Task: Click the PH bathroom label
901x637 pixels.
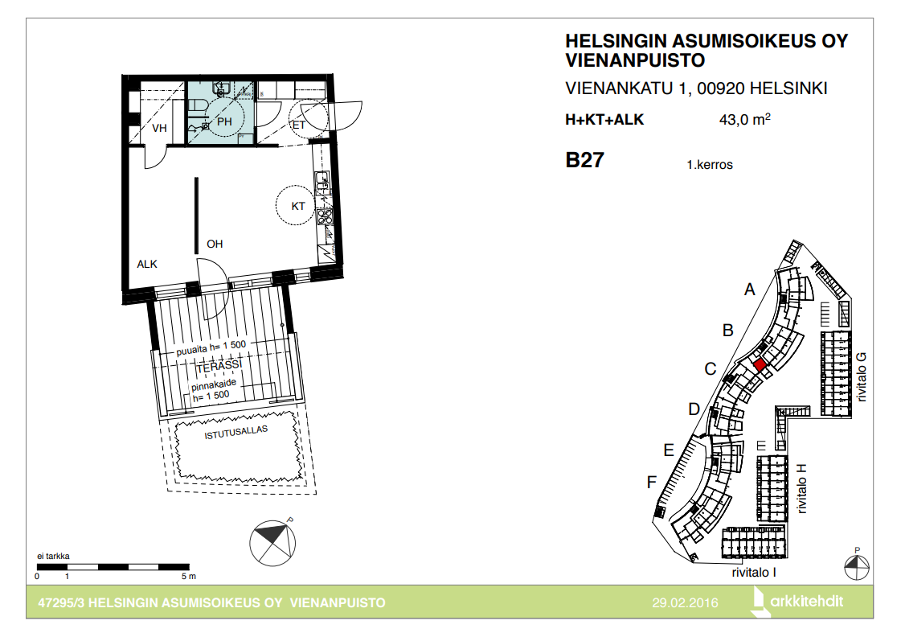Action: [224, 122]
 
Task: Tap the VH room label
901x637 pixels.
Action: [159, 128]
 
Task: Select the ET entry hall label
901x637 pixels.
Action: [299, 125]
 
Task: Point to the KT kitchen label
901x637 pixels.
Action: [297, 206]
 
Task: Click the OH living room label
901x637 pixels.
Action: [215, 244]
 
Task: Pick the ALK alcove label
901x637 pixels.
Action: [147, 264]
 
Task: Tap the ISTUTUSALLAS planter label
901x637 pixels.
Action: [236, 433]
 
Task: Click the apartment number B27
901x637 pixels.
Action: [584, 160]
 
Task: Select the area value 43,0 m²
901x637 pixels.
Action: [745, 119]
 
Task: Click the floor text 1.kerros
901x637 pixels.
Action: [710, 164]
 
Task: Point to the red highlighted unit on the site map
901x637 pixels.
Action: [760, 364]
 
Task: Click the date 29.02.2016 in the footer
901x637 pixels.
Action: [685, 602]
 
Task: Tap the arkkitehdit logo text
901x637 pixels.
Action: [806, 602]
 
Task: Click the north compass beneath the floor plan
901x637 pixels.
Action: [272, 543]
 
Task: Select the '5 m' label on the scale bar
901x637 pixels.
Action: [188, 576]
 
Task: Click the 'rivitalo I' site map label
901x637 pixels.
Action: [754, 573]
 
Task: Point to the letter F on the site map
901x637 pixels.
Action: [652, 482]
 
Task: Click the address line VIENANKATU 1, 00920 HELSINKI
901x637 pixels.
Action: [696, 88]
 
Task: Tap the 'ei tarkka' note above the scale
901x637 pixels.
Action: [53, 556]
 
